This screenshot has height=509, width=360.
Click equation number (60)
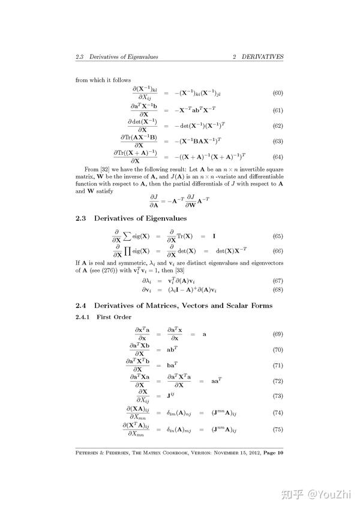[278, 93]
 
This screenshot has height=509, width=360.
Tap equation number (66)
[278, 251]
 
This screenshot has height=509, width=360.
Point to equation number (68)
[278, 290]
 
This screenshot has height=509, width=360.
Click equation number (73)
[278, 396]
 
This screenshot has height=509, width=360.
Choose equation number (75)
[278, 429]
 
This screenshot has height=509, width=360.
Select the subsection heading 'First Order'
[114, 317]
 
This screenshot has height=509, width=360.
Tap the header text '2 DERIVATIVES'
[258, 57]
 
